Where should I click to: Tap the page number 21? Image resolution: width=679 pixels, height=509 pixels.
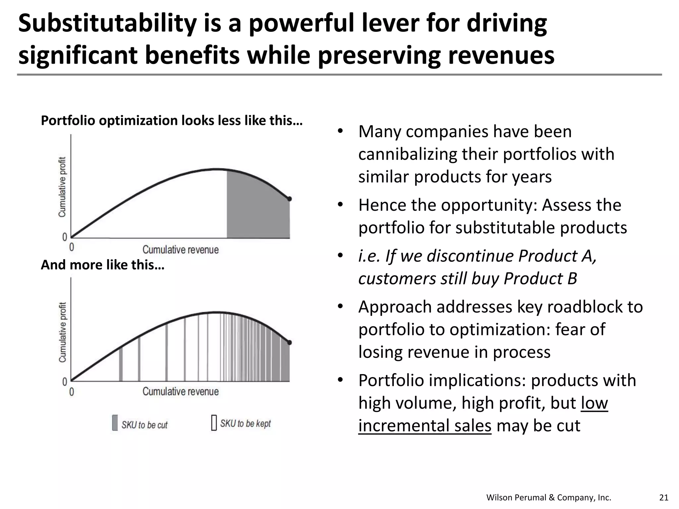coord(664,497)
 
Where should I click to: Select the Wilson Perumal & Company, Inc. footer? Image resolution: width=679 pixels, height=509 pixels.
coord(548,497)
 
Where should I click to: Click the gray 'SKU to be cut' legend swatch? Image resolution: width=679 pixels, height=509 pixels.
coord(115,423)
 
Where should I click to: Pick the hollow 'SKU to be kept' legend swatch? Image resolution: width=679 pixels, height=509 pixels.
coord(214,423)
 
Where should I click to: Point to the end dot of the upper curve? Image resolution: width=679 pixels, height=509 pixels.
coord(289,199)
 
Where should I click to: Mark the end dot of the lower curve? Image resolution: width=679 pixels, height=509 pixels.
coord(289,342)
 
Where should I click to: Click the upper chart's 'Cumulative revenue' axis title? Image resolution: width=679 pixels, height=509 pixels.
coord(181,250)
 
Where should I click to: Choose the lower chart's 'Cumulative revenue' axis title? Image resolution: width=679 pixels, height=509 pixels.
coord(181,391)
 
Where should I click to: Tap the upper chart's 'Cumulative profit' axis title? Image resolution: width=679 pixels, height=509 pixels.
coord(62,187)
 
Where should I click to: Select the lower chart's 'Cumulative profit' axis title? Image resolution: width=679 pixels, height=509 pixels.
coord(62,332)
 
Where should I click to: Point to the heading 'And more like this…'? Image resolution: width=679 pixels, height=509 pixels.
coord(102,265)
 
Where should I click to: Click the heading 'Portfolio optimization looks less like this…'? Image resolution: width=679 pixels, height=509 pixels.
coord(171,120)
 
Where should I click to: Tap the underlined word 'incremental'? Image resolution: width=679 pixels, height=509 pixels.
coord(424,425)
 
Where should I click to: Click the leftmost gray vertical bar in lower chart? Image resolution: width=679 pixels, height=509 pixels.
coord(121,364)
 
